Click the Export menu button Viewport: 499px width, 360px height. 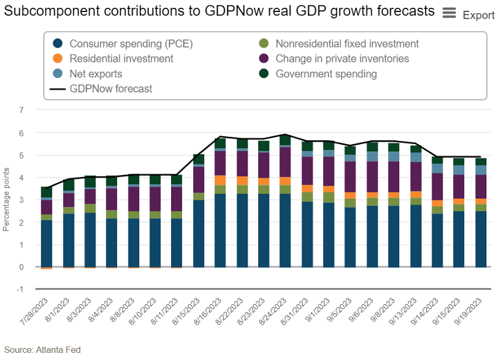[468, 14]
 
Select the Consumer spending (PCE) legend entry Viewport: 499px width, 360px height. [131, 44]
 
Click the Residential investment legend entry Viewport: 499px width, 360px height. [121, 59]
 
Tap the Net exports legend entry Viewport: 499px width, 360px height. [95, 74]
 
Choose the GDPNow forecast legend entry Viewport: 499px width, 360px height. [110, 89]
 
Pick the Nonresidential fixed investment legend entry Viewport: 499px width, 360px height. [346, 44]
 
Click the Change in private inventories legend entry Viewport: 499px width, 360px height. [342, 59]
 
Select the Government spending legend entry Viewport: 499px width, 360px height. [326, 74]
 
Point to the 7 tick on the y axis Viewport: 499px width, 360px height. [22, 110]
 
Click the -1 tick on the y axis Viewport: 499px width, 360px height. [20, 289]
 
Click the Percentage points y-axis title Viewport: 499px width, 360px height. [6, 200]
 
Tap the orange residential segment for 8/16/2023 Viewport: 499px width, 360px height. [220, 180]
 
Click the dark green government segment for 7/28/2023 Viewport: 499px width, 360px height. [46, 191]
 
